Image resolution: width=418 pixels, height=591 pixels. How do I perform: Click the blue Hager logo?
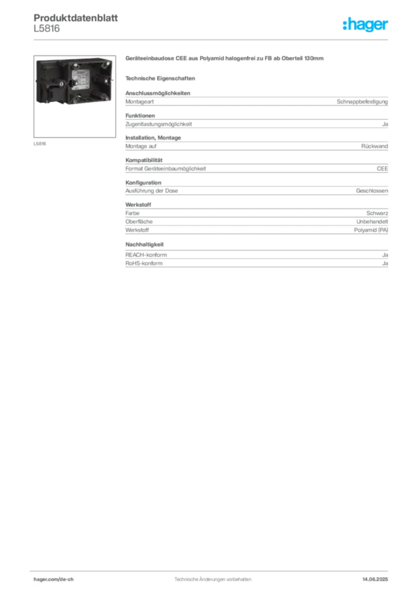pyautogui.click(x=366, y=25)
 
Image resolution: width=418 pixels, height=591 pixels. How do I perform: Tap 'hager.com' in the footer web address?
pyautogui.click(x=46, y=579)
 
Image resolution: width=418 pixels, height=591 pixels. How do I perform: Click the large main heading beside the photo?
pyautogui.click(x=226, y=59)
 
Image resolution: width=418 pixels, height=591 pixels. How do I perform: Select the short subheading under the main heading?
pyautogui.click(x=162, y=78)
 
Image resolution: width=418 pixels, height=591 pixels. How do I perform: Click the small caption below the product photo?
pyautogui.click(x=41, y=144)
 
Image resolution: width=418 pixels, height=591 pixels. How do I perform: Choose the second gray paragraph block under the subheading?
pyautogui.click(x=256, y=121)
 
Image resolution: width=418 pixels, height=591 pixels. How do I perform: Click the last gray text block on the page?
pyautogui.click(x=256, y=256)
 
